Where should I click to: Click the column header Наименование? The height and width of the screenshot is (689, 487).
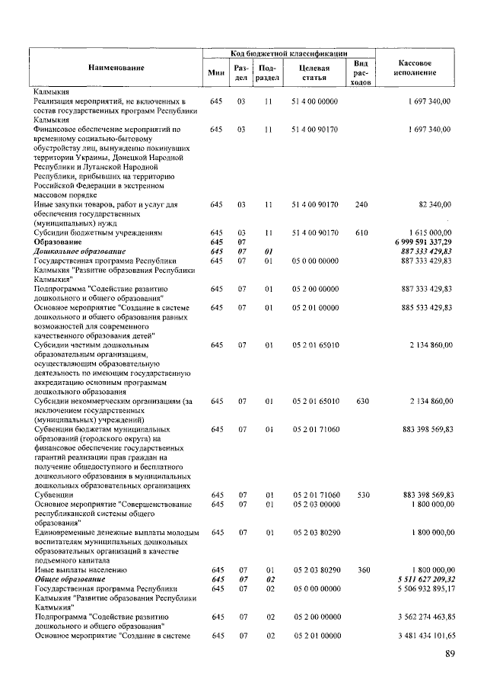click(x=116, y=69)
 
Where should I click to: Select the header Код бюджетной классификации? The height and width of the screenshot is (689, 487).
click(x=289, y=53)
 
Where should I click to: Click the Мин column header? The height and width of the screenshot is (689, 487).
click(x=215, y=72)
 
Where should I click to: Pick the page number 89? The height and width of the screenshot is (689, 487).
click(x=450, y=653)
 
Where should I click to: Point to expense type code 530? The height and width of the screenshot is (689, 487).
click(x=361, y=495)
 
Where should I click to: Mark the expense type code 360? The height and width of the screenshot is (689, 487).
click(x=361, y=569)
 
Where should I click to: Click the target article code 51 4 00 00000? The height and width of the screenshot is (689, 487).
click(x=314, y=101)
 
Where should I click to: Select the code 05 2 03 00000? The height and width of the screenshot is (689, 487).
click(x=314, y=505)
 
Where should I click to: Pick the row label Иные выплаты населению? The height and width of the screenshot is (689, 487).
click(x=79, y=569)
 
